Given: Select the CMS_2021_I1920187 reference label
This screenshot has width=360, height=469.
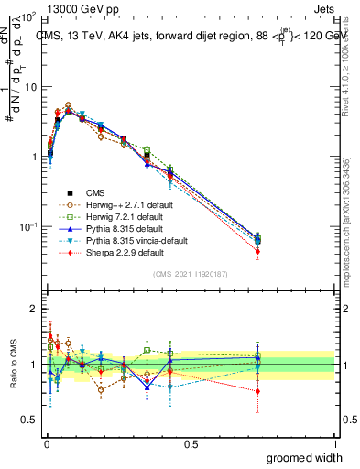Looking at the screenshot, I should click(x=191, y=274).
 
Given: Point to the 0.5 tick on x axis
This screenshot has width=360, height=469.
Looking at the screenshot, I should click(x=191, y=444).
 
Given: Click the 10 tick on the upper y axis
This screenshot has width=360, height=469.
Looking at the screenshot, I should click(x=30, y=87).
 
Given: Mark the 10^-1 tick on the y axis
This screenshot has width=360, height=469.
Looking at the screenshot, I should click(x=27, y=226).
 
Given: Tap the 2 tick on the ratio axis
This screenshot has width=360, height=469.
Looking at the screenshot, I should click(x=32, y=310).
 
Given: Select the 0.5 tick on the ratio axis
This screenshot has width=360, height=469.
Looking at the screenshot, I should click(x=28, y=420).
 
